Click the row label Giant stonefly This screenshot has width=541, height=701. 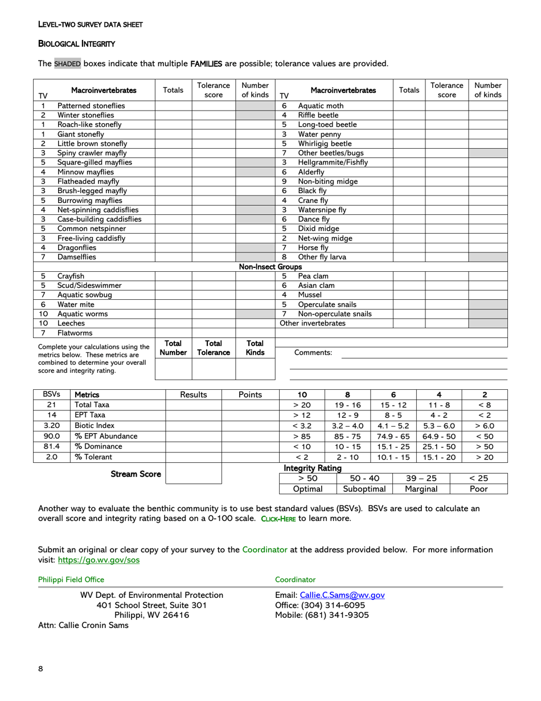[80, 134]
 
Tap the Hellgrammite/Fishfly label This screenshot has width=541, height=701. [333, 162]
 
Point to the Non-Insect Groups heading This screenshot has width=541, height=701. [270, 267]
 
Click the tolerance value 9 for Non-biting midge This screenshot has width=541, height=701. [284, 181]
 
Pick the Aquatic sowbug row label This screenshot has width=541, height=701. [84, 295]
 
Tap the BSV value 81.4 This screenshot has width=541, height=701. [51, 446]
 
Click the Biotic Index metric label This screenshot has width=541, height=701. [95, 425]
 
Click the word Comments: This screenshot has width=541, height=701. [313, 353]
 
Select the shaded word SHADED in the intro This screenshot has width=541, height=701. [68, 63]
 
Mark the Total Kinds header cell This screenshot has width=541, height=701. [255, 348]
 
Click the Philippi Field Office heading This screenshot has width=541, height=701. [71, 580]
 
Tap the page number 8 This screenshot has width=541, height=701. [40, 669]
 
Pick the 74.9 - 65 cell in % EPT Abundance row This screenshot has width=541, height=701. [393, 436]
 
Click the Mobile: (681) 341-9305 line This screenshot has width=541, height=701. [322, 615]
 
